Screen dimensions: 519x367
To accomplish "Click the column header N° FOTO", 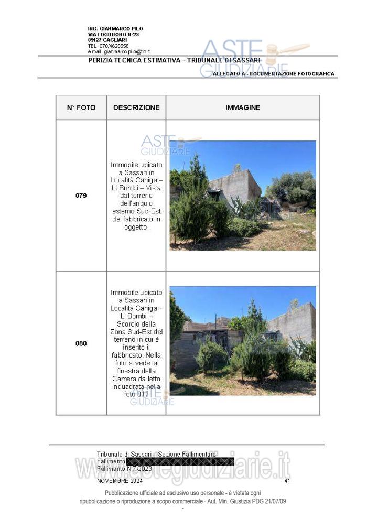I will click(x=81, y=107).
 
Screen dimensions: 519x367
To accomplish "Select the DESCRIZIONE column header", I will click(x=136, y=107).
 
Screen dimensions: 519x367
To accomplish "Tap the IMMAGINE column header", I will click(x=243, y=107).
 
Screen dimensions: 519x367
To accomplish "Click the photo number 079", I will click(x=81, y=196).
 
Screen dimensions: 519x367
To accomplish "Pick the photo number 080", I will click(x=81, y=344).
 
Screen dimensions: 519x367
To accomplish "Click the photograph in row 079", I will click(x=243, y=195).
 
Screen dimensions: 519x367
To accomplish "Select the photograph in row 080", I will click(x=243, y=340).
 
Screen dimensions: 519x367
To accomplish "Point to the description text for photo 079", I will click(x=136, y=196).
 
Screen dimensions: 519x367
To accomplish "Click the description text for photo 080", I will click(x=136, y=343).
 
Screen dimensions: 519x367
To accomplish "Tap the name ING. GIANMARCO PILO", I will click(x=115, y=29).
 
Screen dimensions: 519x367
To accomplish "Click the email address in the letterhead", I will click(x=119, y=51).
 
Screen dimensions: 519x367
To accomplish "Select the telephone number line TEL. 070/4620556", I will click(x=108, y=46).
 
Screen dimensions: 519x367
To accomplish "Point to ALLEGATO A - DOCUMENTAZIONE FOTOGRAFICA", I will click(x=273, y=74).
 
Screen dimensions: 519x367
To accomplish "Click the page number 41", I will click(x=287, y=480).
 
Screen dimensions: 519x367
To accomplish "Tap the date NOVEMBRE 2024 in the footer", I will click(x=120, y=480).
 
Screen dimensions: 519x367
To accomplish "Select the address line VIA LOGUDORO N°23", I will click(x=113, y=35).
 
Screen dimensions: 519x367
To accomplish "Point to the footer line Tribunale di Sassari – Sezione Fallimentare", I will click(x=156, y=454).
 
